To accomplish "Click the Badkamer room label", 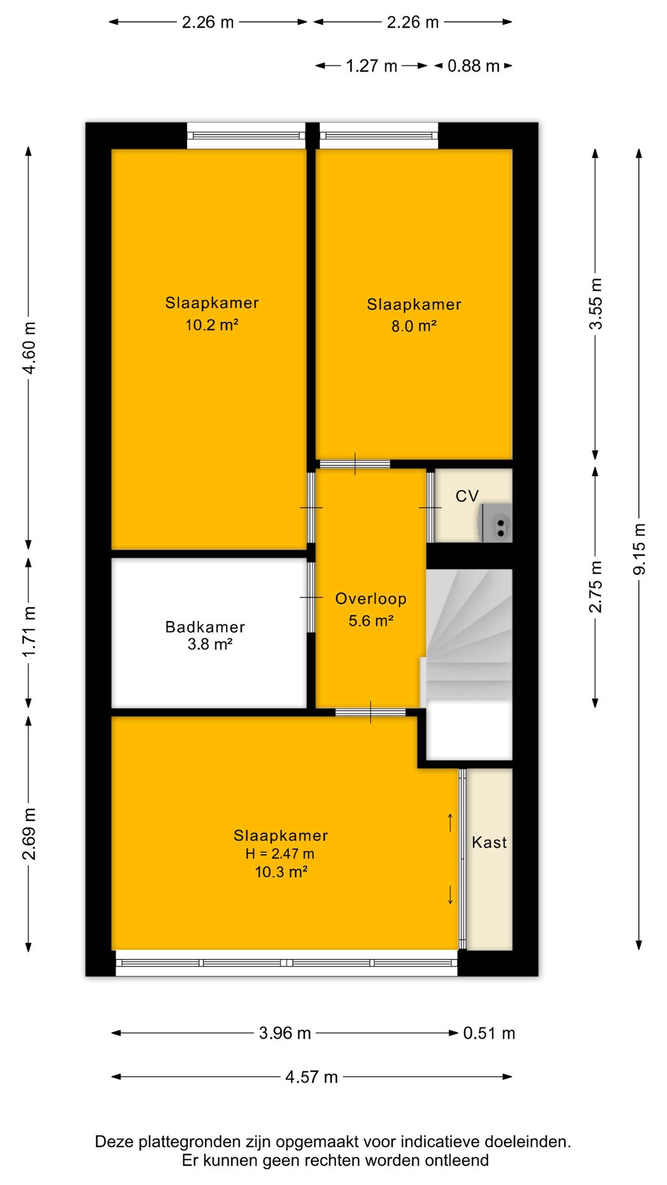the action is coord(205,627).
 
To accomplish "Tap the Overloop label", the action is coord(371,599).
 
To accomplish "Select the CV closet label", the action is coord(467,496).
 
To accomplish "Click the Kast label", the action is coord(489,842).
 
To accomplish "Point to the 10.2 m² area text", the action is coord(212,325).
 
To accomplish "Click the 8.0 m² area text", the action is coord(414,326).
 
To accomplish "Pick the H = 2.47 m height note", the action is coord(280,854).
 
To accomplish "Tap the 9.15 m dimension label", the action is coord(639,549).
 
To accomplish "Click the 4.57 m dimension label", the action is coord(311,1077).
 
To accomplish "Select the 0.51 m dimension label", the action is coord(489,1033).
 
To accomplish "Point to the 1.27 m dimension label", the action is coord(371,66).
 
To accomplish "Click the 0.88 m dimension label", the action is coord(473,66).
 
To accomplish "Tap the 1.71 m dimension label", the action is coord(29,632).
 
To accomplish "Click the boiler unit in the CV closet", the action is coord(495,523).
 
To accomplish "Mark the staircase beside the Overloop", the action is coord(469,638).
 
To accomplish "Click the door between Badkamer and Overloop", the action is coord(311,597).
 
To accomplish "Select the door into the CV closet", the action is coord(430,507).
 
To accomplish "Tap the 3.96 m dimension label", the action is coord(285,1033).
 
